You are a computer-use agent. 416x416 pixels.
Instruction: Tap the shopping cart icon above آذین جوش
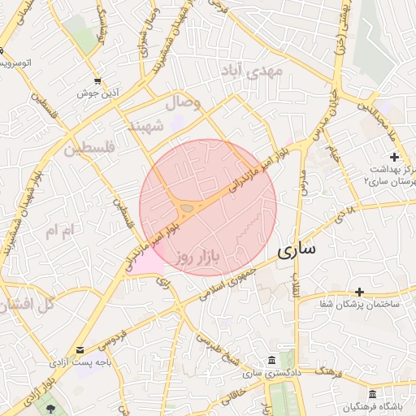97,80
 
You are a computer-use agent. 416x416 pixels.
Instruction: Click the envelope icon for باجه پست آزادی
79,350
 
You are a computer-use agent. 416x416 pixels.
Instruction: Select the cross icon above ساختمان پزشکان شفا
359,291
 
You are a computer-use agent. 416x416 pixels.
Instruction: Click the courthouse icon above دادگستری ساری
271,360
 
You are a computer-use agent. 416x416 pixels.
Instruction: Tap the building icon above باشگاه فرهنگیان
372,393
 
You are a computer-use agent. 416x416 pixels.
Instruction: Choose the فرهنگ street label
327,372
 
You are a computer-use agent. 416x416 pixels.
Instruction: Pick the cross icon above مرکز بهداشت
394,156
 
